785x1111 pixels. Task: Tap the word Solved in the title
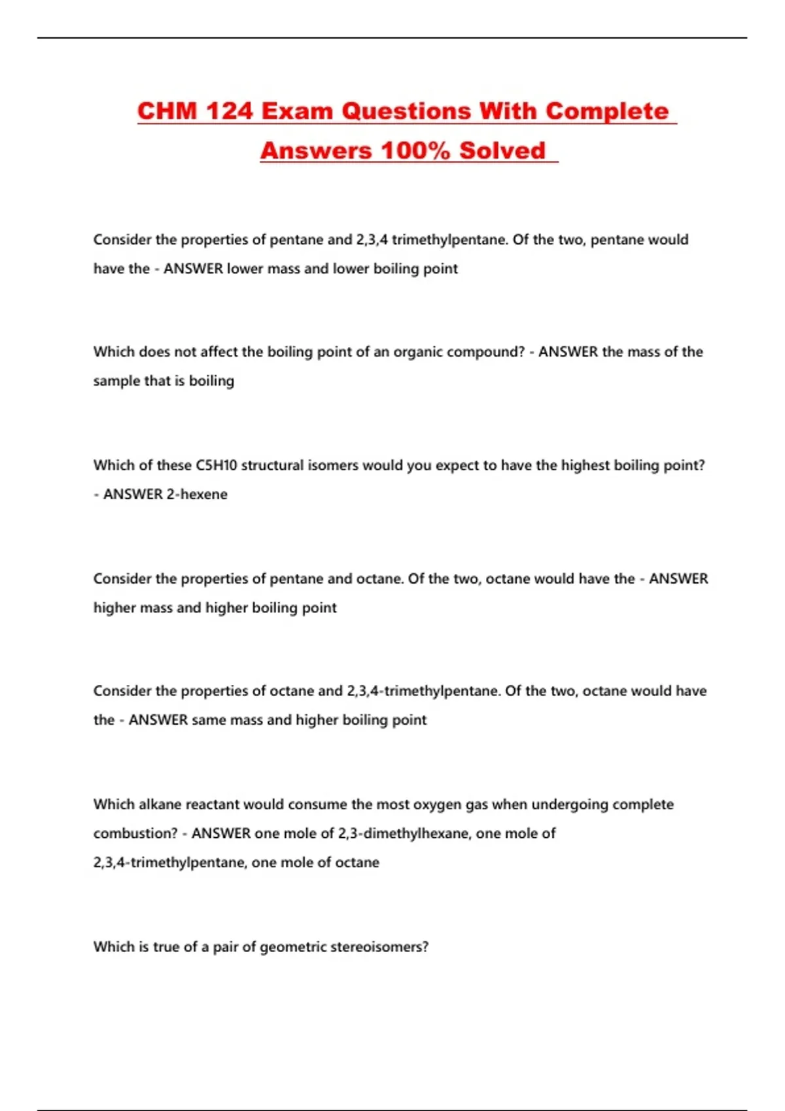click(502, 150)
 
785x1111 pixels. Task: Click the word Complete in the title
click(606, 111)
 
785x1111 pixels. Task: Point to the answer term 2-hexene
click(197, 494)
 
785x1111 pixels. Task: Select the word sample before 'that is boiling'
click(115, 381)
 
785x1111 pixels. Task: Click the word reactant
click(213, 804)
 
